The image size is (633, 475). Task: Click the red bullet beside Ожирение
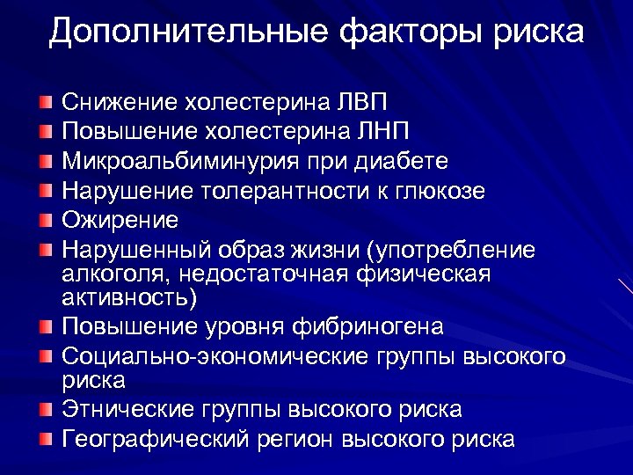pyautogui.click(x=46, y=220)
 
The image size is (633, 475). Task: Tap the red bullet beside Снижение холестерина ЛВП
pyautogui.click(x=46, y=103)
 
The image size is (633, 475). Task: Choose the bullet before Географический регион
pyautogui.click(x=46, y=438)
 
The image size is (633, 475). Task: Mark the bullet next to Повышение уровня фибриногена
pyautogui.click(x=46, y=328)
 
